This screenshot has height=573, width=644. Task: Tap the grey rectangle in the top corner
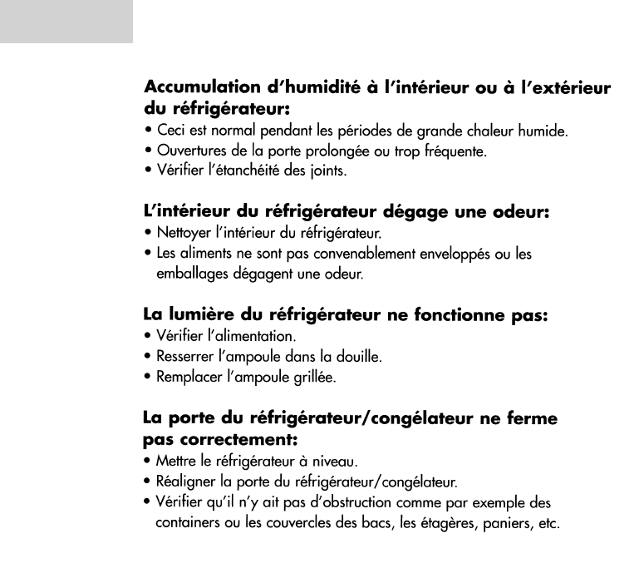pos(66,22)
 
